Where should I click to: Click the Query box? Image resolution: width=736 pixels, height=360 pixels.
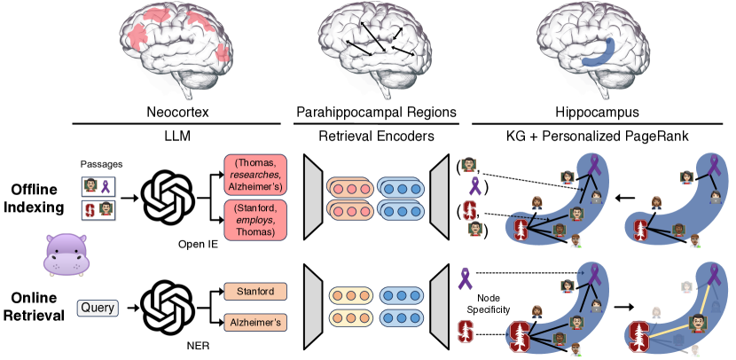[98, 309]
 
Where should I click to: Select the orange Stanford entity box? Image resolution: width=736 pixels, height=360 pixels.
[255, 291]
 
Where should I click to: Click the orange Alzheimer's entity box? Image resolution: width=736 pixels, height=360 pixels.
[255, 323]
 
